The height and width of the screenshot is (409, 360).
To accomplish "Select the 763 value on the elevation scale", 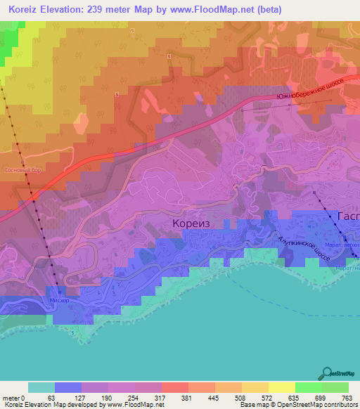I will click(x=347, y=397).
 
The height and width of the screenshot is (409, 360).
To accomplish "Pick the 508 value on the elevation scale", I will click(x=229, y=397).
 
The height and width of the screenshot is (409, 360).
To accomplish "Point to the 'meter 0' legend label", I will click(x=13, y=397).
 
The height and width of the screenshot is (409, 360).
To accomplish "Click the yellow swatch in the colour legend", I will click(x=255, y=387).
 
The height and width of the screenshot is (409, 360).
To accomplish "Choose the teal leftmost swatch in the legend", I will click(x=41, y=387).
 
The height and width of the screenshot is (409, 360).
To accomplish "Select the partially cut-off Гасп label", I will click(x=349, y=216).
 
